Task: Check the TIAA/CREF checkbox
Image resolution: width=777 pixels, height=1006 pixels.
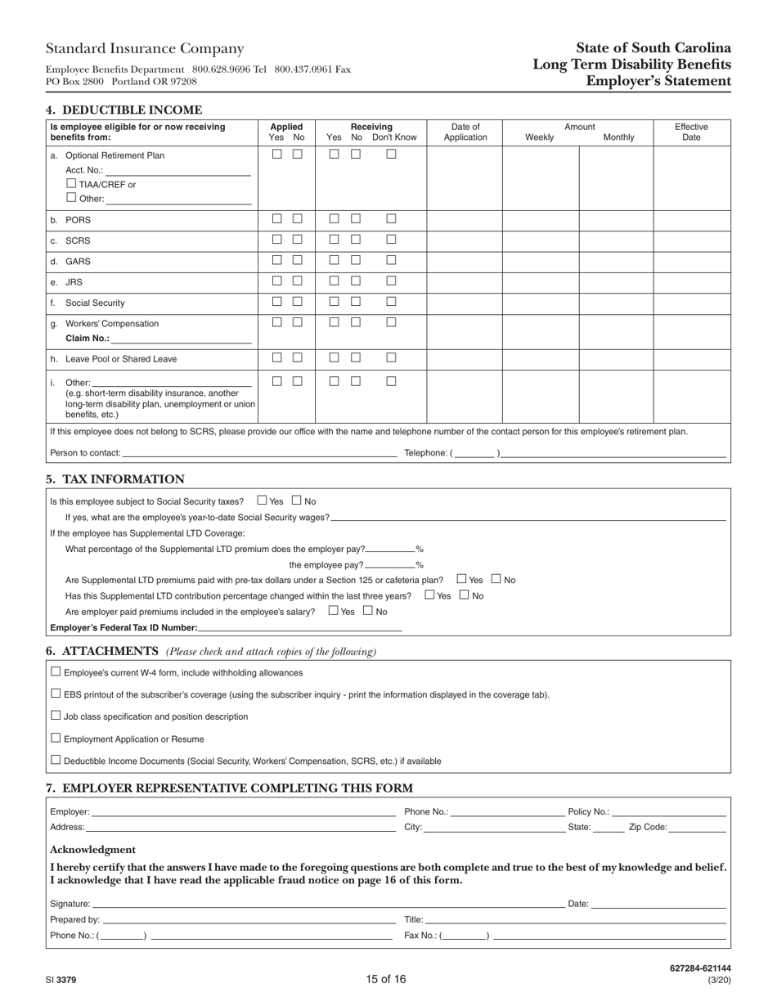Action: click(71, 183)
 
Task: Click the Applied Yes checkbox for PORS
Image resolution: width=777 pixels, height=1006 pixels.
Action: click(277, 218)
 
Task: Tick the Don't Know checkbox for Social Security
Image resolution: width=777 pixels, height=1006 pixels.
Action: click(391, 301)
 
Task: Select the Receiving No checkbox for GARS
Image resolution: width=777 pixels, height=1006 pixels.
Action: click(356, 260)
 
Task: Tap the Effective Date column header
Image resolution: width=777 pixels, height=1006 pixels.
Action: click(691, 132)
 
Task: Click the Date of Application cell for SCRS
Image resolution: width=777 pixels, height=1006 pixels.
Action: click(465, 240)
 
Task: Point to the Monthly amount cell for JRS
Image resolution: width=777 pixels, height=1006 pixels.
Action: click(616, 281)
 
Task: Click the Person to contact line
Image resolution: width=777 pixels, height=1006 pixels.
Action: click(258, 452)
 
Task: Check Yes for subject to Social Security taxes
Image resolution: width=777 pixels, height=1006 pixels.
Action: click(263, 500)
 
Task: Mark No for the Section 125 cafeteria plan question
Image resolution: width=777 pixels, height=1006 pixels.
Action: click(496, 579)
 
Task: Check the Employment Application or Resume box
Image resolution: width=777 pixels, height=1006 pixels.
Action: click(56, 738)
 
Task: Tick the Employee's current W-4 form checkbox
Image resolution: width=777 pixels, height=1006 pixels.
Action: click(56, 671)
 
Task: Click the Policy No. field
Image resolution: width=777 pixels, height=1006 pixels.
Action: click(668, 812)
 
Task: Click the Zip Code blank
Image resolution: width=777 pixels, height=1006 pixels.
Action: click(698, 827)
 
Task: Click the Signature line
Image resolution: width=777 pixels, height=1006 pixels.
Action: click(327, 904)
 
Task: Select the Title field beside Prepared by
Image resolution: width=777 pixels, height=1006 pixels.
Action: click(575, 919)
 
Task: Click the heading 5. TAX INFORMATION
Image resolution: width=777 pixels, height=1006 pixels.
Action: click(115, 479)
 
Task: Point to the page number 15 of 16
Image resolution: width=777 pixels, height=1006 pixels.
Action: click(386, 979)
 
